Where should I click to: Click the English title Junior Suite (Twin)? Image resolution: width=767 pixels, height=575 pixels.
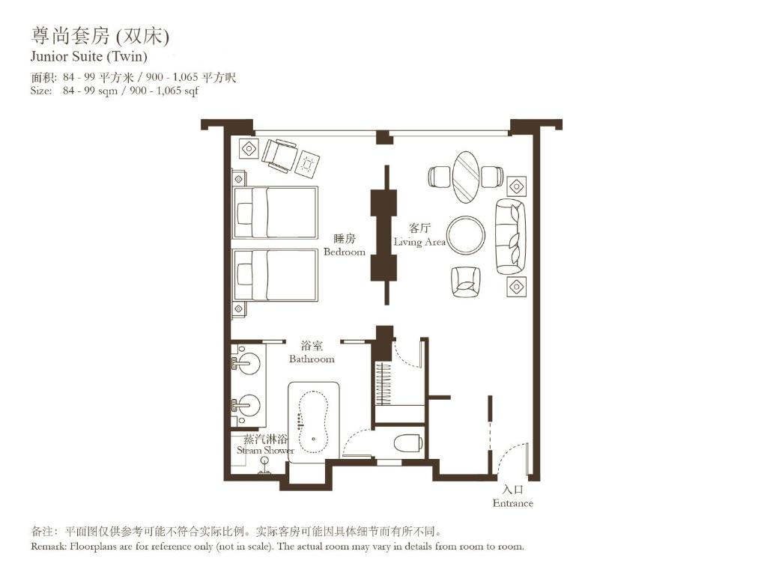click(x=88, y=56)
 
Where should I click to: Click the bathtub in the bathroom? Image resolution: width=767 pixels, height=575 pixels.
click(x=315, y=420)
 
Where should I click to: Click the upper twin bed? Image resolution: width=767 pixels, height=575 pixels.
click(x=276, y=213)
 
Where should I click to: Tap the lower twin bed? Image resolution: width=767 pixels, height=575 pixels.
click(x=276, y=275)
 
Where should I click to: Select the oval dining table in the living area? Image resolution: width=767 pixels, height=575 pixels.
click(x=465, y=177)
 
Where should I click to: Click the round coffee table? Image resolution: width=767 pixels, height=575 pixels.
click(x=466, y=235)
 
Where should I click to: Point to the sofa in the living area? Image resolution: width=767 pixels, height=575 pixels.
click(x=510, y=237)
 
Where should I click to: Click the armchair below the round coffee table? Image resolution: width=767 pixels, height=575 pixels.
click(x=464, y=282)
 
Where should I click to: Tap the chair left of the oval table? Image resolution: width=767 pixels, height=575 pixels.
click(x=439, y=177)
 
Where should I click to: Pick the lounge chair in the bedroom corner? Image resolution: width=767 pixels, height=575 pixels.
click(x=280, y=155)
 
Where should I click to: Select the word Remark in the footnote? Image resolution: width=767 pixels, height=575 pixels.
click(x=49, y=546)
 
